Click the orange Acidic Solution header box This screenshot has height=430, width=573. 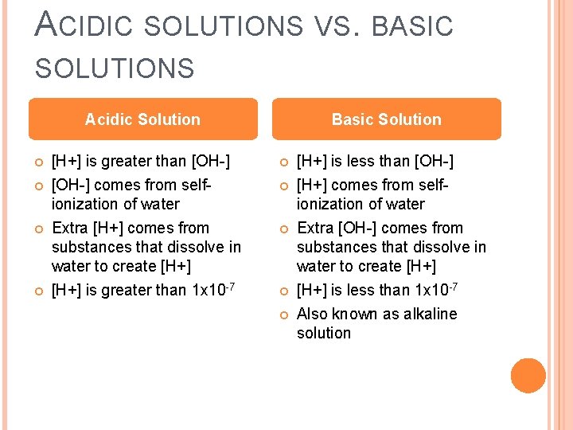click(x=143, y=119)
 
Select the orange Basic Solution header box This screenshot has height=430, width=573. click(x=387, y=119)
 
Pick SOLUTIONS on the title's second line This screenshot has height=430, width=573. click(x=115, y=68)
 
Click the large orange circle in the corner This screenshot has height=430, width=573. click(x=528, y=376)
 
